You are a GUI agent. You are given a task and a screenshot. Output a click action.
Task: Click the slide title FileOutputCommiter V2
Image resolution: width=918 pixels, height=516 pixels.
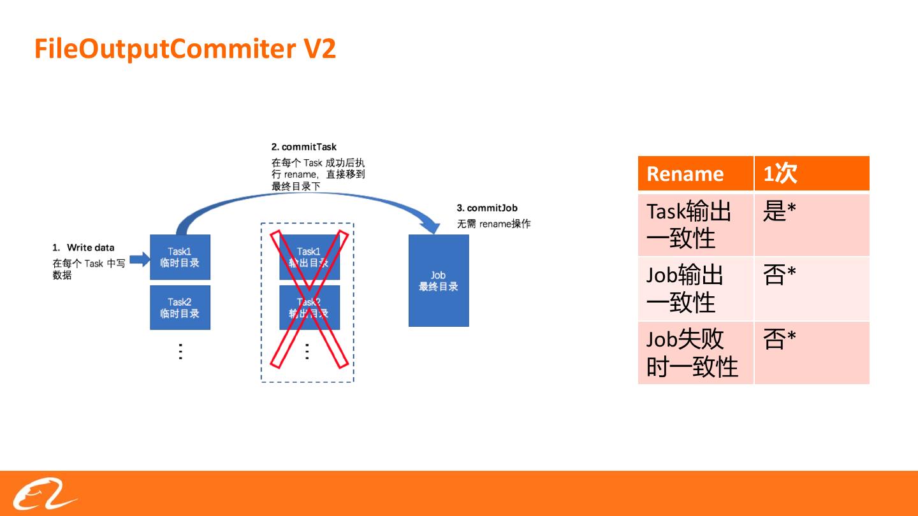185,49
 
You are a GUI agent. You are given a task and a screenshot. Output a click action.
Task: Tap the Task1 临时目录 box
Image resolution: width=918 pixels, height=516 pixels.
180,257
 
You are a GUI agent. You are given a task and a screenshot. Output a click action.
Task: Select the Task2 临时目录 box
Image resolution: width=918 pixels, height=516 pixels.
180,307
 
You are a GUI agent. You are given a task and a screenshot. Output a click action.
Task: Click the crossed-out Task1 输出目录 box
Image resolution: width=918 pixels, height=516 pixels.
309,257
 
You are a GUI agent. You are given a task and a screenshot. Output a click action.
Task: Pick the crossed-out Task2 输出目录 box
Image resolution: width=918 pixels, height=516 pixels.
309,307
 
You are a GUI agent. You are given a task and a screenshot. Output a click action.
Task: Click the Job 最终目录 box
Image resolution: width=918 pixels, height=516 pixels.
439,280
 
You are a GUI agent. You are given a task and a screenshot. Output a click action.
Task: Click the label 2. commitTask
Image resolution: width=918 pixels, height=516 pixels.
303,147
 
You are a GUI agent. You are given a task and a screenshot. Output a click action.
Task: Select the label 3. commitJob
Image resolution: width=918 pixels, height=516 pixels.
487,208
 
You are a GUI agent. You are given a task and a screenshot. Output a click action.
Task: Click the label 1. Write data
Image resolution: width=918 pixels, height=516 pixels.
84,247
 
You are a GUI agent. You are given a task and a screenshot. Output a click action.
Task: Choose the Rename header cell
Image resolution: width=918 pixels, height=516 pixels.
695,173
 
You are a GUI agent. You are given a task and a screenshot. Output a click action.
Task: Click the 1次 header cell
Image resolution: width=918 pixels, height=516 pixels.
811,173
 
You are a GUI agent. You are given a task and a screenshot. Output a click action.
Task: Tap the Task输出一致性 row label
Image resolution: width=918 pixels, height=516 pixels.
695,224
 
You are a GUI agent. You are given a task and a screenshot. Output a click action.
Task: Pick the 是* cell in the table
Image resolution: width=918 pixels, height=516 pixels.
811,224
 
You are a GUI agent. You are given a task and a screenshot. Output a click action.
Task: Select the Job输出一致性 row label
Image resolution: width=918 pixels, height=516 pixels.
695,288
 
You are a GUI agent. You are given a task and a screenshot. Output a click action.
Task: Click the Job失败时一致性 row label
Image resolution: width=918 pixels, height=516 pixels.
695,352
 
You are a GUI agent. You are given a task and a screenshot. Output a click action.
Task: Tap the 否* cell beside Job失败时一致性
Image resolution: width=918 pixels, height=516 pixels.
811,352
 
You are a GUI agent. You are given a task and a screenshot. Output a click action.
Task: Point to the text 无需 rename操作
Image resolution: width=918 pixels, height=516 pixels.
493,224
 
